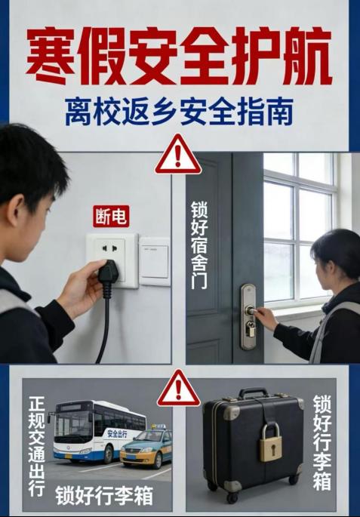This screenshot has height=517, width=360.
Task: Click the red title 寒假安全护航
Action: (179, 55)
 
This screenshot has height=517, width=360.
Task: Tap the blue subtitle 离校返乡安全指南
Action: (179, 112)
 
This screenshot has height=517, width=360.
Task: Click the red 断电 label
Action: (111, 217)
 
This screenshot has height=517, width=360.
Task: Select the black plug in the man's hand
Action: (109, 278)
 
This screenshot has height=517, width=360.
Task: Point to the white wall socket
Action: (112, 260)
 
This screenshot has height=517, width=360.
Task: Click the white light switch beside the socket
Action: (155, 261)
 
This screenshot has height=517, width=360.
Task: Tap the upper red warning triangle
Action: (178, 155)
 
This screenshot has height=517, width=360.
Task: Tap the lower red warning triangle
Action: (178, 389)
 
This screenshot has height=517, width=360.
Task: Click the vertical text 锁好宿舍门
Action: (199, 245)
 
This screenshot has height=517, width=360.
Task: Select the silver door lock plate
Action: (248, 316)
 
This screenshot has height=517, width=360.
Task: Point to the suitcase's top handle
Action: (254, 392)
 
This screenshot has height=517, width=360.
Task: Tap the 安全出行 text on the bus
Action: (117, 433)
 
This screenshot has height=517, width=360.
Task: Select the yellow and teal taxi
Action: (146, 445)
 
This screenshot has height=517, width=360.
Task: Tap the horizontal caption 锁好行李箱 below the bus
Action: (104, 495)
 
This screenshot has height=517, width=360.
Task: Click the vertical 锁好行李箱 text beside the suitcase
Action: (322, 442)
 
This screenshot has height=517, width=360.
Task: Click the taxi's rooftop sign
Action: (159, 426)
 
